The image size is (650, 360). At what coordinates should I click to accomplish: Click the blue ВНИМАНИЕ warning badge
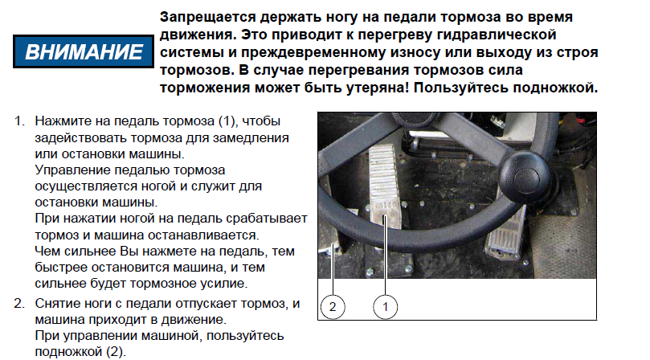84,51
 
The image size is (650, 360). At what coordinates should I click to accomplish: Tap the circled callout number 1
385,307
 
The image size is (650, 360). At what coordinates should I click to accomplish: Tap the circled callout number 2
333,307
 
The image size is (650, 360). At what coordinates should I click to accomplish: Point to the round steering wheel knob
526,174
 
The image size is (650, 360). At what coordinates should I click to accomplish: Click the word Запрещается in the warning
207,18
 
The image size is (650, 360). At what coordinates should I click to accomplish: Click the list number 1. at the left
20,121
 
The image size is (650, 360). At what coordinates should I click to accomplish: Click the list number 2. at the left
19,304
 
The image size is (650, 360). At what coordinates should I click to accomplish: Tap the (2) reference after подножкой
115,352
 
